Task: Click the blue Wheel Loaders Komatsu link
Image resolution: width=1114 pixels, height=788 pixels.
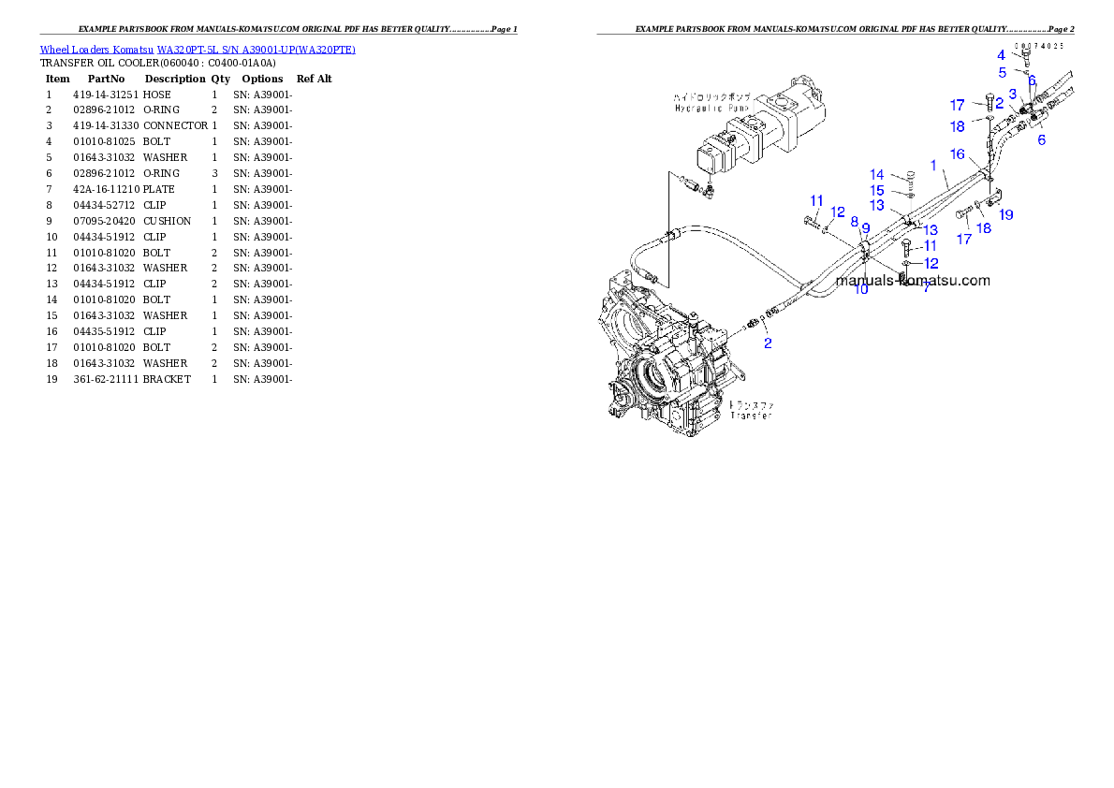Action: [197, 50]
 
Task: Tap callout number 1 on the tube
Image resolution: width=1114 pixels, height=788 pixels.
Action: [933, 166]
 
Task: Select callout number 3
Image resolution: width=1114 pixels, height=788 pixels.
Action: [1012, 93]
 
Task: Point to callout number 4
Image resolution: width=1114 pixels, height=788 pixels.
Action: [1001, 55]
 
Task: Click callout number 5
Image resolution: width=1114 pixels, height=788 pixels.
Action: [1002, 72]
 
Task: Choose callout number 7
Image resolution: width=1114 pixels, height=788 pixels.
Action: [926, 287]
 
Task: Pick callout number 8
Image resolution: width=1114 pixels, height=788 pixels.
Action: [854, 222]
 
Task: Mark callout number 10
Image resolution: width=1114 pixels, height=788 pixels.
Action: [861, 289]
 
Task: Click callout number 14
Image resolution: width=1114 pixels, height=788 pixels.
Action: [876, 175]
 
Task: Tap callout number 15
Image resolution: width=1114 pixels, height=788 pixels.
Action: [876, 191]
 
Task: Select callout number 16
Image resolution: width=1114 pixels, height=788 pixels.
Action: [957, 153]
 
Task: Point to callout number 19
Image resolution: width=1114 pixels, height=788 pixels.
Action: [1005, 214]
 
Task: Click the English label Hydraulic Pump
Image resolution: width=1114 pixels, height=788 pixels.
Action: [700, 109]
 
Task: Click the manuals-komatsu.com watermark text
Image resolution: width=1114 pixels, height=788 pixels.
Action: [913, 280]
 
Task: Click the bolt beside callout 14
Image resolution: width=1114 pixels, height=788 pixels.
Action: [911, 176]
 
